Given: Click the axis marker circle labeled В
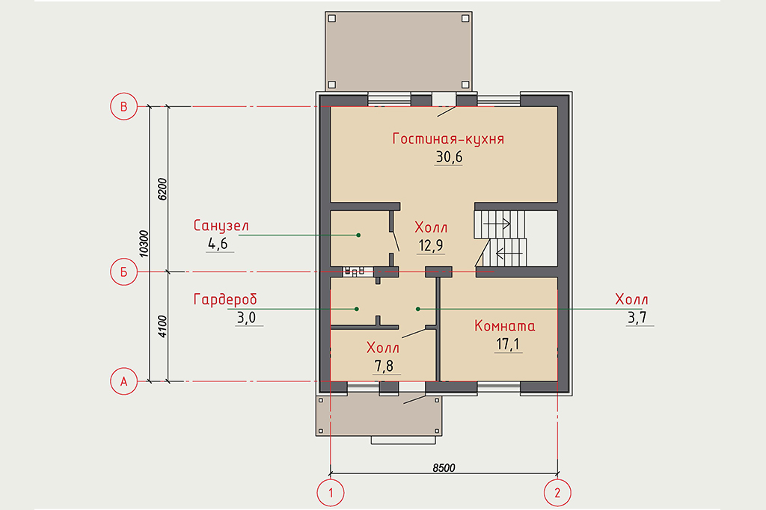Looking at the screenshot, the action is coord(123,106).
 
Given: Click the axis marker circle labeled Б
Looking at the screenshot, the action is coord(123,271).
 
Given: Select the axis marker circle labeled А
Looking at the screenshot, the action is coord(123,381).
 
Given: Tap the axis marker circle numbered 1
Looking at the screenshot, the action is coord(331,492).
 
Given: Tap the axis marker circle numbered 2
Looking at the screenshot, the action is coord(557,492).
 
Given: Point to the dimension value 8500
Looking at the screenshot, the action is coord(444,467).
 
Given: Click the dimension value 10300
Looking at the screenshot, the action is coord(144,244).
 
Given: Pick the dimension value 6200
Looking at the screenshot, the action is coord(162,189).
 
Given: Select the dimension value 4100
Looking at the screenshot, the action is coord(162,326).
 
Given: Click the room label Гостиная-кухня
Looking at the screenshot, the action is coord(448,139).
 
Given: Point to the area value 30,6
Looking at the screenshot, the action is coord(449,157).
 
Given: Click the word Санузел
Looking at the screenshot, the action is coord(221,226).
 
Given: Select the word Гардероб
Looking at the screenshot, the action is coord(224,299).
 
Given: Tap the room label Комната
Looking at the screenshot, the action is coord(505,326).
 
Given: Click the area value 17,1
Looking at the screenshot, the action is coord(508,344).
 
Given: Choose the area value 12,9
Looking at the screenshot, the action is coord(430,245).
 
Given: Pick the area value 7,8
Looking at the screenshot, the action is coord(384,366).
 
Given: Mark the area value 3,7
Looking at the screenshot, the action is coord(637,318).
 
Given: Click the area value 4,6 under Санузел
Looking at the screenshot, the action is coord(218,243).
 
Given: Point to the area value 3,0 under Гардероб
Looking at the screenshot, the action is coord(246,318).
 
